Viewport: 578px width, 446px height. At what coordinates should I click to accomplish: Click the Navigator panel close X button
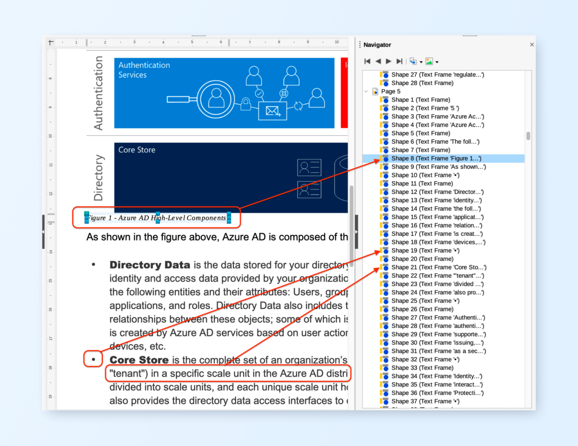click(532, 44)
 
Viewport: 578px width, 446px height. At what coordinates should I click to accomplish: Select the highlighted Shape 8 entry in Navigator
click(436, 158)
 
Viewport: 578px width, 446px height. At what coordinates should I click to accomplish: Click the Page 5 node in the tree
click(391, 91)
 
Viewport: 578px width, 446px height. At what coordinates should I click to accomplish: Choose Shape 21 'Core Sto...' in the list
click(438, 267)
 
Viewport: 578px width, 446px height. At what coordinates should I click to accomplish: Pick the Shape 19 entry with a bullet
click(425, 251)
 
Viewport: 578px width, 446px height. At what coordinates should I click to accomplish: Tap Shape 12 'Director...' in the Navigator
click(437, 192)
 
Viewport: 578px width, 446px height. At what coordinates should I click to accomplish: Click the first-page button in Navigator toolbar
click(367, 61)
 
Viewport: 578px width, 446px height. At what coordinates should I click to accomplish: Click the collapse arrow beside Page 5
click(366, 91)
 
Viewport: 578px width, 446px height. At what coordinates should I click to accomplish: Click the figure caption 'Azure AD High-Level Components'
click(157, 218)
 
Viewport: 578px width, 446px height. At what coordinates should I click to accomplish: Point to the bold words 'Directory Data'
click(149, 265)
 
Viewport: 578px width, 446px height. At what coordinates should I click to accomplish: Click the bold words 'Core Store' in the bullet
click(139, 360)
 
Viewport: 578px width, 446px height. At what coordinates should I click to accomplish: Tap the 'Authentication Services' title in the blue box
click(144, 70)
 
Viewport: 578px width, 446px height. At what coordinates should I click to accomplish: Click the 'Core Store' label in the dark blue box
click(137, 150)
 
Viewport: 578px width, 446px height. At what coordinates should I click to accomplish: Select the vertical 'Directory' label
click(98, 177)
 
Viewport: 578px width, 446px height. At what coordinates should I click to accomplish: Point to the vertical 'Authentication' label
click(98, 93)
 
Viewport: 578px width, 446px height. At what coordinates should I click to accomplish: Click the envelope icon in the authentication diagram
click(272, 111)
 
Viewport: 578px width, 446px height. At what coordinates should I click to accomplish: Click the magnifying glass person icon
click(216, 99)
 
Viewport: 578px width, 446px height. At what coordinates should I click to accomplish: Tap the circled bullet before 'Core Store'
click(93, 359)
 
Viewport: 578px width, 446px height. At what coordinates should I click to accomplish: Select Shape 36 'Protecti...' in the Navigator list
click(437, 393)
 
